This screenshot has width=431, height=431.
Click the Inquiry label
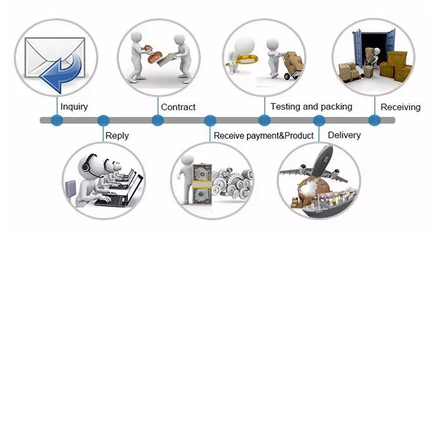point(74,107)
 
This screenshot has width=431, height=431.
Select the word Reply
point(117,135)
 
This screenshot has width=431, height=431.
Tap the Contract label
point(178,107)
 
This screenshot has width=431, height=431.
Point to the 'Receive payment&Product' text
point(263,136)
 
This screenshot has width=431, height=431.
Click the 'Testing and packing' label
point(311,107)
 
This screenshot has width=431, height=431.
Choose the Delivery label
point(344,135)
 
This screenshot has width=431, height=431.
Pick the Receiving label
point(400,107)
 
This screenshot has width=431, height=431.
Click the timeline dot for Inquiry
point(57,121)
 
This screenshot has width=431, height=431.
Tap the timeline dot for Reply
point(103,121)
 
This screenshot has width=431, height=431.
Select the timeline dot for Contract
point(157,121)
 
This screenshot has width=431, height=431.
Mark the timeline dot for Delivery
point(319,121)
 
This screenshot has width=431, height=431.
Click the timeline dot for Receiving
point(374,121)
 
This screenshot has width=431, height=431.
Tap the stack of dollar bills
point(201,180)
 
